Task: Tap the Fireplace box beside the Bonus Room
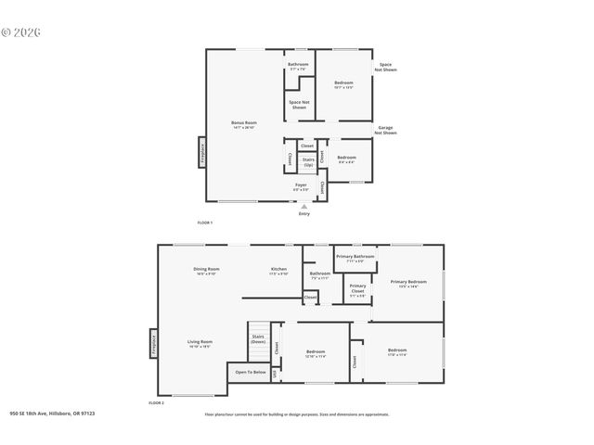[202, 153]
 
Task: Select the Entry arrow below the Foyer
[303, 207]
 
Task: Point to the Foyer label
[301, 186]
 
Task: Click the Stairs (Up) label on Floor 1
[307, 161]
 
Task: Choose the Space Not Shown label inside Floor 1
[298, 105]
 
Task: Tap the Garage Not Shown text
[385, 130]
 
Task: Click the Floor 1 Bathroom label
[298, 65]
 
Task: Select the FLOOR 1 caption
[205, 222]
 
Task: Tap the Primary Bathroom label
[355, 257]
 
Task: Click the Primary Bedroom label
[408, 283]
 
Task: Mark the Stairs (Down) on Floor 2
[258, 339]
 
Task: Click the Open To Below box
[250, 372]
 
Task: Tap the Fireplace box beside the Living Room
[153, 344]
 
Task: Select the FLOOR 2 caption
[156, 403]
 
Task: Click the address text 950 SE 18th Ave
[52, 414]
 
